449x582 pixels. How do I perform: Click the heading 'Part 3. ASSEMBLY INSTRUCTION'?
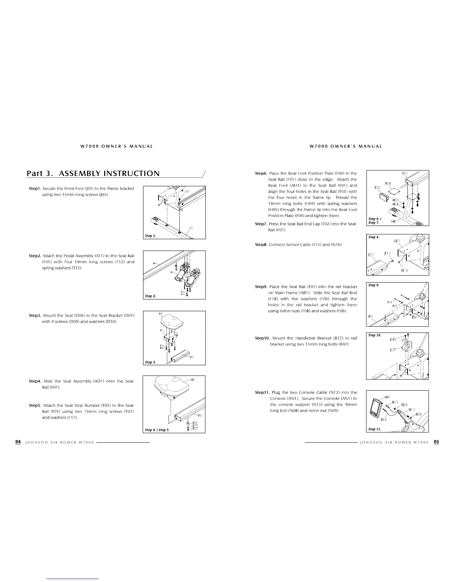(93, 173)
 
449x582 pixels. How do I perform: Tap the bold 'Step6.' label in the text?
(261, 173)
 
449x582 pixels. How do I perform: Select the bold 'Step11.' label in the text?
(262, 392)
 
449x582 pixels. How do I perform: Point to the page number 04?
(18, 442)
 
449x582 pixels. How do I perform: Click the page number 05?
(436, 442)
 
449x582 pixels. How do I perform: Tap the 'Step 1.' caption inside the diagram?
(151, 236)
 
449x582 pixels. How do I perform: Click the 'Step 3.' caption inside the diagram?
(151, 362)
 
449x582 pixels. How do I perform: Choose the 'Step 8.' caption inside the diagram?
(374, 237)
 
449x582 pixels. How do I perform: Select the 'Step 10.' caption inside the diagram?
(375, 335)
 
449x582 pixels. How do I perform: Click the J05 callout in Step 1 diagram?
(187, 191)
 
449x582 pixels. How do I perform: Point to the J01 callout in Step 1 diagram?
(191, 228)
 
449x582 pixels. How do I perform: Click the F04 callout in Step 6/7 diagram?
(388, 183)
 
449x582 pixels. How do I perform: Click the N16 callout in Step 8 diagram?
(405, 270)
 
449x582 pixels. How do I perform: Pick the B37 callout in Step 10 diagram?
(393, 350)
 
